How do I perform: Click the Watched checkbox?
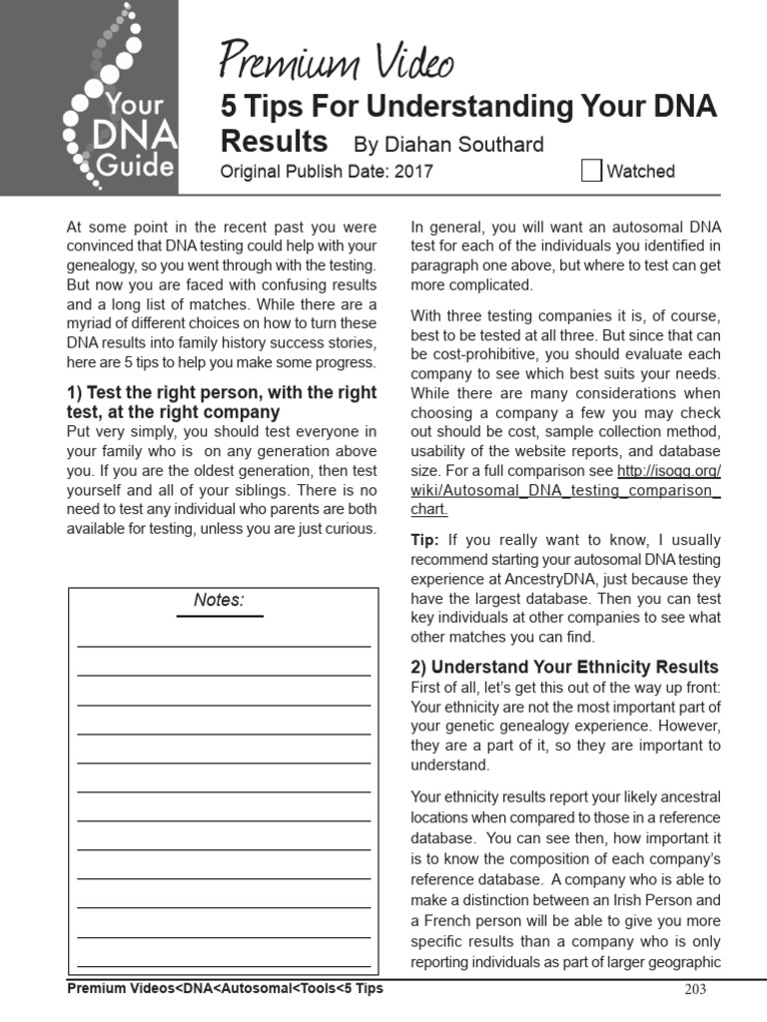tap(591, 171)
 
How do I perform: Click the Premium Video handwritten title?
tap(337, 63)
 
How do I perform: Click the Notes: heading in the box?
tap(219, 601)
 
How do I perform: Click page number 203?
tap(695, 990)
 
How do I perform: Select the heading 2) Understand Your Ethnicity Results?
tap(564, 667)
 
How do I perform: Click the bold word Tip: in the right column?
tap(424, 539)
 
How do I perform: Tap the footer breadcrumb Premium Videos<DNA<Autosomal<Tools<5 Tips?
tap(225, 989)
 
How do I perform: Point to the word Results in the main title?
tap(274, 140)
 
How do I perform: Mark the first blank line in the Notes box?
tap(223, 646)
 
